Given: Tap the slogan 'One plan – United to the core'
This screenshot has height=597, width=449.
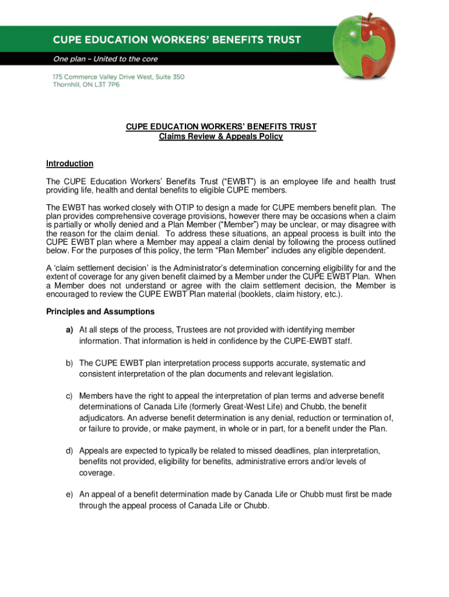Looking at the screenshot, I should (x=106, y=59).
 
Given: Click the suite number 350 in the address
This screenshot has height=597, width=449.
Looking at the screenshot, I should (x=177, y=77).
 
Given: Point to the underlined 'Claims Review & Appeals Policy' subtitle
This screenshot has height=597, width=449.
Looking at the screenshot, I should (x=221, y=136).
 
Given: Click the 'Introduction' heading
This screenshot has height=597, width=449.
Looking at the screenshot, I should (x=69, y=164).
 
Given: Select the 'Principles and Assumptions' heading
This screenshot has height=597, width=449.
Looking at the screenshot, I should (x=100, y=311).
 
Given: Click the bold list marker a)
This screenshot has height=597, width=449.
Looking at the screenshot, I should (x=69, y=330).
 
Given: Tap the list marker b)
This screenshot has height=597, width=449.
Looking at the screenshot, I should (x=69, y=363).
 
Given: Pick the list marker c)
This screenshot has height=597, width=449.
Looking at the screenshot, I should (x=69, y=396).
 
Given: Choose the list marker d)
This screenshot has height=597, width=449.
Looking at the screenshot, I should (x=69, y=451).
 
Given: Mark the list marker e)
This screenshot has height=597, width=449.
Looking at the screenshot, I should (x=69, y=494).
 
